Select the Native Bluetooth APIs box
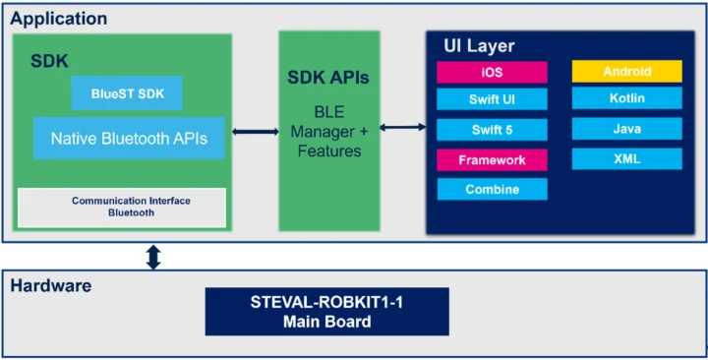click(129, 139)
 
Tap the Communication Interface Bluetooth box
click(122, 207)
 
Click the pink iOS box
click(492, 72)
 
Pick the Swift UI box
click(492, 99)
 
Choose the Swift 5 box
click(492, 130)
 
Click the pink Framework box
click(492, 159)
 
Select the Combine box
click(492, 189)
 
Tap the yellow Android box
click(626, 71)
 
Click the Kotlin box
click(626, 98)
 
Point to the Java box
click(626, 129)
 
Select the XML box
click(626, 158)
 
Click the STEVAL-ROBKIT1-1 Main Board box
click(326, 312)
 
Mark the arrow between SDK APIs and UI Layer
click(402, 127)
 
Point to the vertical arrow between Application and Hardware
click(153, 257)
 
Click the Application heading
click(59, 19)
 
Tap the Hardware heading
click(51, 286)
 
